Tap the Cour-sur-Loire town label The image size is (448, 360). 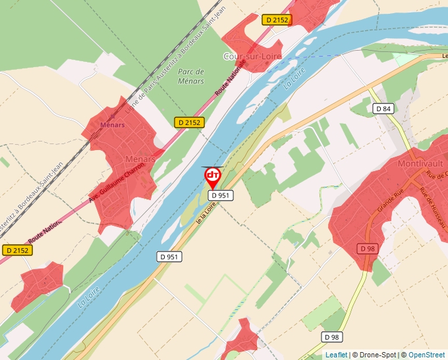pos(252,57)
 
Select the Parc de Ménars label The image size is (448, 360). pos(191,76)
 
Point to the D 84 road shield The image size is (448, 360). pos(383,109)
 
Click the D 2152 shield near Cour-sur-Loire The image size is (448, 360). pos(276,20)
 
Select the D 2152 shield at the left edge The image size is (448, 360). pos(17,250)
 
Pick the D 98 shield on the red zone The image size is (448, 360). pos(368,248)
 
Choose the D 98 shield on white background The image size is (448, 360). pos(333,337)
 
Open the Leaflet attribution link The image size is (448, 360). pos(336,355)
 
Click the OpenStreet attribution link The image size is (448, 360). pos(426,355)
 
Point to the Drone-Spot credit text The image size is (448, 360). pos(375,355)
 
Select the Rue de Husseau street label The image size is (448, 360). pos(433,210)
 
